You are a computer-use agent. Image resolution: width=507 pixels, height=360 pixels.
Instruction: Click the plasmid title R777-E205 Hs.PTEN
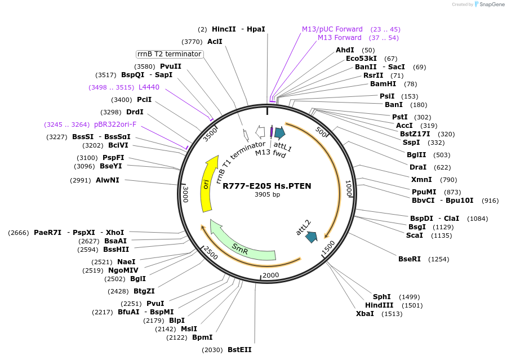click(x=266, y=186)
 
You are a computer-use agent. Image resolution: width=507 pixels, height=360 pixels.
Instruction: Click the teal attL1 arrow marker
click(x=279, y=132)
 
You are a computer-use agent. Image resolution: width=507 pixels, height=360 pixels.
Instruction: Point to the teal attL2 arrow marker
click(x=311, y=237)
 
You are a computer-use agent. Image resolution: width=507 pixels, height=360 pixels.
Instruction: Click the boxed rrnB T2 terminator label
click(x=170, y=54)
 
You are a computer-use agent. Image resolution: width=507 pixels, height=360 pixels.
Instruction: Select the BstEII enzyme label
click(x=239, y=350)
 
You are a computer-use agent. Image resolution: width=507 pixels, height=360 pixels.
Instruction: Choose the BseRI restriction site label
click(x=410, y=259)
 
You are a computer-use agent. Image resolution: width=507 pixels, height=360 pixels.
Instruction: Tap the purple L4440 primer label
click(x=149, y=87)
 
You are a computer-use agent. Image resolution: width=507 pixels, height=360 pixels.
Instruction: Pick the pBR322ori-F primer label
click(x=115, y=125)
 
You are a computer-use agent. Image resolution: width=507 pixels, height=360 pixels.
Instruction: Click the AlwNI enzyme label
click(x=107, y=180)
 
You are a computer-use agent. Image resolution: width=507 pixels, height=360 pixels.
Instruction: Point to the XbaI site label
click(x=364, y=314)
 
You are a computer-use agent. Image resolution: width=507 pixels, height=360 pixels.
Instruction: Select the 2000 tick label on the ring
click(x=271, y=274)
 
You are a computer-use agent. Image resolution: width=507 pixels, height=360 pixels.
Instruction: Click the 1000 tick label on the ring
click(x=348, y=189)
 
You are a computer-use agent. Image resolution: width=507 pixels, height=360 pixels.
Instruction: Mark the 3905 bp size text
click(x=267, y=195)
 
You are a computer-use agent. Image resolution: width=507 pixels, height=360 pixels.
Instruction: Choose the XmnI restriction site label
click(x=422, y=180)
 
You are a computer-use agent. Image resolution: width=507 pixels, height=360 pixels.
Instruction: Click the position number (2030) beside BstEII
click(x=212, y=350)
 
